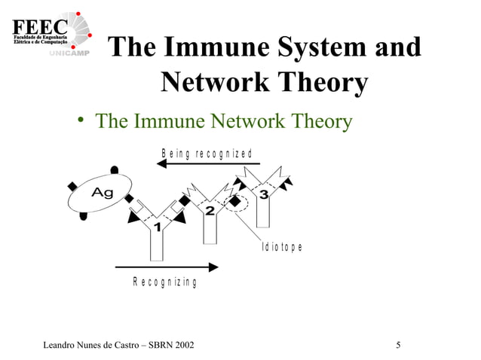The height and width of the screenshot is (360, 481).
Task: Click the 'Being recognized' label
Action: coord(206,154)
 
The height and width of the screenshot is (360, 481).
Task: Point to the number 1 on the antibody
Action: coord(158,226)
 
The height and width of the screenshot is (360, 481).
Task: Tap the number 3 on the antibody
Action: coord(263,195)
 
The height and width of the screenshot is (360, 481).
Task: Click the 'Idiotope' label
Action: coord(282,247)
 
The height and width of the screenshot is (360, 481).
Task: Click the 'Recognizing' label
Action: coord(164,282)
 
